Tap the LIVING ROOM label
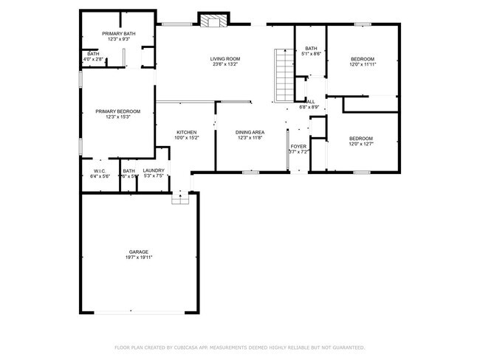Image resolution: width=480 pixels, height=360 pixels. (225, 58)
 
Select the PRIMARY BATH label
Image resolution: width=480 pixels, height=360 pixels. (118, 33)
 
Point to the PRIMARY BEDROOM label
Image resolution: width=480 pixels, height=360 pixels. (117, 111)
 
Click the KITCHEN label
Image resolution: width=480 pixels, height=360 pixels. (186, 132)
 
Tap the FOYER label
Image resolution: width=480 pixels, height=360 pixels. (298, 147)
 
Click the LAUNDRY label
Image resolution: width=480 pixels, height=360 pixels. (154, 170)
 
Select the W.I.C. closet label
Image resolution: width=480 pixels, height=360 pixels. (100, 170)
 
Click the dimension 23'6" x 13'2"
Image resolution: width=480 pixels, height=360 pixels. (225, 64)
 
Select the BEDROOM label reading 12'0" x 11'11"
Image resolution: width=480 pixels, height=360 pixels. (362, 58)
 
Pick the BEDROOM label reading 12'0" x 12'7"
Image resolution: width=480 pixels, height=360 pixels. (360, 138)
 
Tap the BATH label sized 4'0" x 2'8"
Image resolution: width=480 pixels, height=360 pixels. (94, 53)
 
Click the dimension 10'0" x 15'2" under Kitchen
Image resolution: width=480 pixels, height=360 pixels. (186, 138)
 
